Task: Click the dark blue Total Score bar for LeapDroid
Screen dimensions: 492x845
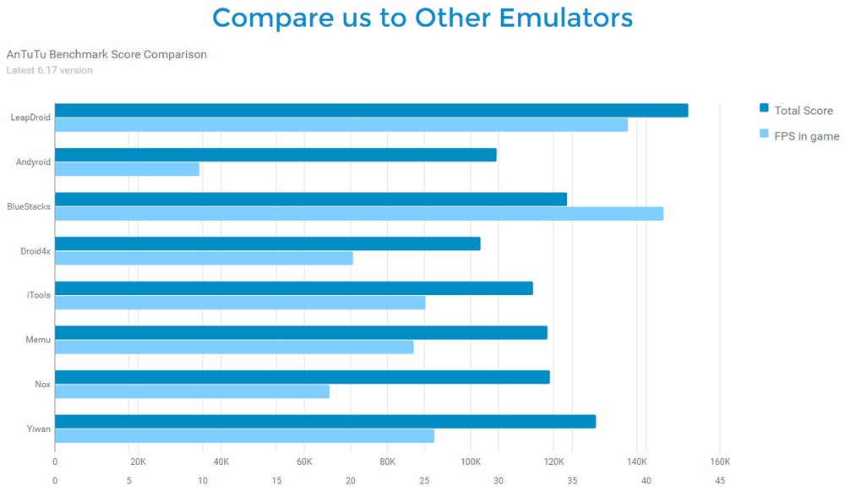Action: [372, 111]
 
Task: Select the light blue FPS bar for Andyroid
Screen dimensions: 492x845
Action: [127, 169]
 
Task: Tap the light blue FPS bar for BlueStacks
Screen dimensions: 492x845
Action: [359, 214]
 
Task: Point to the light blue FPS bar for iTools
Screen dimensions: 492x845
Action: [240, 303]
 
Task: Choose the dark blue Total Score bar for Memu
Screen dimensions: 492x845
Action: [301, 332]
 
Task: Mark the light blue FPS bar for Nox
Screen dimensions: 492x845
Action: [192, 391]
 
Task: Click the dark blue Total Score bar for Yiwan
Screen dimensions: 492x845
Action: [325, 421]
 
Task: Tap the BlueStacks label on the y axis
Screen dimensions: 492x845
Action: [29, 206]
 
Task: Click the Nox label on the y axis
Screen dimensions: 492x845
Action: [42, 385]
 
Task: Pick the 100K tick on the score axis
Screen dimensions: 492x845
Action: [471, 462]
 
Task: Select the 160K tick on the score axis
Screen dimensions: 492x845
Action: [720, 462]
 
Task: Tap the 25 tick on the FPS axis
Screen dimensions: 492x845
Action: [424, 481]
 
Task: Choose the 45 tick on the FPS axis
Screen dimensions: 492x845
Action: [720, 481]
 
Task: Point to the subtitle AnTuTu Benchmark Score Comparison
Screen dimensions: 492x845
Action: [106, 55]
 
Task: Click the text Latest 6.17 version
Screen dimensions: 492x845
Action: [49, 70]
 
